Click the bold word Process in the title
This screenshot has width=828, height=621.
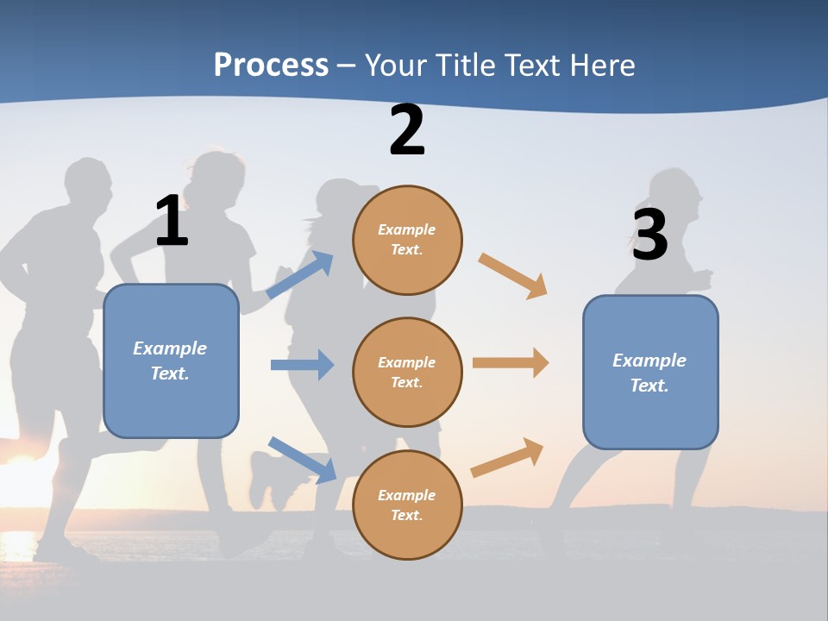click(271, 66)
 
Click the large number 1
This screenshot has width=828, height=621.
click(172, 221)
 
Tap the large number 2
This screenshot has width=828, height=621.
click(407, 130)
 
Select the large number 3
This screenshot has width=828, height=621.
click(649, 235)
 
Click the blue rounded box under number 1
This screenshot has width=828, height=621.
click(171, 361)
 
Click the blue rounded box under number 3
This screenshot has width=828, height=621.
click(650, 372)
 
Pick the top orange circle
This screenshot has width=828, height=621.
click(407, 240)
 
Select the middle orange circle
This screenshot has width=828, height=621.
click(407, 372)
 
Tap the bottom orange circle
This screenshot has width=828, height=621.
click(407, 505)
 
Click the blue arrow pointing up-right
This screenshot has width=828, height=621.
click(300, 274)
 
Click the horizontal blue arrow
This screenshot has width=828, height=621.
click(302, 365)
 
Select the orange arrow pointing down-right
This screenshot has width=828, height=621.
click(513, 275)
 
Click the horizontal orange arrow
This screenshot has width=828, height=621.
click(511, 363)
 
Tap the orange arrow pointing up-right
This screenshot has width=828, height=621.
click(508, 457)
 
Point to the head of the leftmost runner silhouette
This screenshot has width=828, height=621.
click(89, 185)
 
